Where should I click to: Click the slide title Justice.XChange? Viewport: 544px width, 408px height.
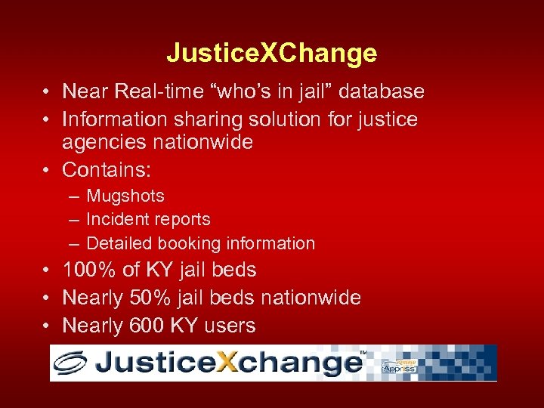(x=271, y=53)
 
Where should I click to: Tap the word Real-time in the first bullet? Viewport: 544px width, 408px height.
(x=159, y=91)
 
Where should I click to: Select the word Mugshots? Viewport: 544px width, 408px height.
(x=125, y=196)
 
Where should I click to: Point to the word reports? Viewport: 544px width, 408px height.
(x=183, y=220)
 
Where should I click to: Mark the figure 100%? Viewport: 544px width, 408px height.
(x=89, y=270)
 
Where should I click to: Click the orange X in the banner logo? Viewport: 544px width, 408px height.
(x=226, y=363)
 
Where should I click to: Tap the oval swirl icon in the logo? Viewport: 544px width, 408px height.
(x=73, y=363)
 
